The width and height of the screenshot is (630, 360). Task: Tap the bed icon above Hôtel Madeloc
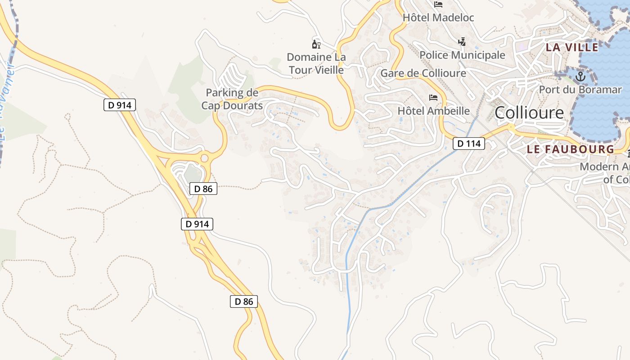(438, 4)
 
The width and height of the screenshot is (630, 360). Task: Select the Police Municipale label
(462, 55)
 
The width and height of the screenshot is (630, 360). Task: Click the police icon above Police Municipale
(462, 42)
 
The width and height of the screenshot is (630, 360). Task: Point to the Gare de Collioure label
(423, 73)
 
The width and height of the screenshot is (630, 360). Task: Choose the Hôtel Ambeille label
(433, 111)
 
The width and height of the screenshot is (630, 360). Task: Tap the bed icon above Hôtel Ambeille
(433, 97)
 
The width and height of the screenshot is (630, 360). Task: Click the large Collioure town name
(529, 113)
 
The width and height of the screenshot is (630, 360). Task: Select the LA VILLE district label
(572, 47)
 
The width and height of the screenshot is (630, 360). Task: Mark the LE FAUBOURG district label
(570, 149)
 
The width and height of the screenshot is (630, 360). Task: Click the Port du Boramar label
(580, 90)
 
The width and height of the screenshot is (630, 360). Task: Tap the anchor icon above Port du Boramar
(580, 76)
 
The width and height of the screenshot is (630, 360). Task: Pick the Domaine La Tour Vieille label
(316, 63)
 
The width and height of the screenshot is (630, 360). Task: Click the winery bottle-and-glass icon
(316, 44)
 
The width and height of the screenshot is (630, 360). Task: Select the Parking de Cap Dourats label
(232, 99)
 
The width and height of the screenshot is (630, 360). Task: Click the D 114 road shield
(469, 144)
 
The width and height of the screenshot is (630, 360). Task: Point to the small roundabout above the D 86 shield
(205, 158)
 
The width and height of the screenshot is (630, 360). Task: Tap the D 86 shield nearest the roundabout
(203, 189)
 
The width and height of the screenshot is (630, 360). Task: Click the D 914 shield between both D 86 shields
(197, 224)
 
